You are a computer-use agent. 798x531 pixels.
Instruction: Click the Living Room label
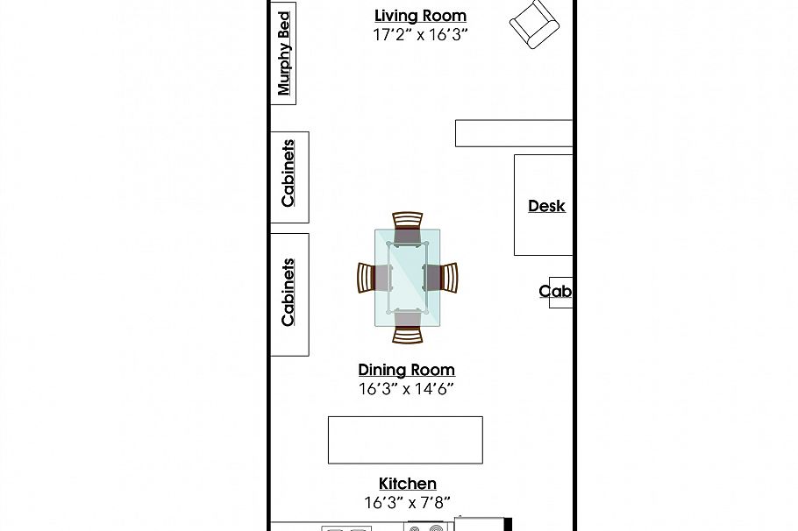[420, 16]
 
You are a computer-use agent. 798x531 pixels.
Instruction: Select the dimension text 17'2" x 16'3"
[420, 35]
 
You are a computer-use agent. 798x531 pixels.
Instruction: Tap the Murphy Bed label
[283, 53]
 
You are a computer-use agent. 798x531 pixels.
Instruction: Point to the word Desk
[546, 206]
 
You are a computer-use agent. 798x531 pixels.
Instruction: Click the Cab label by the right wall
[555, 292]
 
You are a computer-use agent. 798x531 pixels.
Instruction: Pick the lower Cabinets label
[289, 293]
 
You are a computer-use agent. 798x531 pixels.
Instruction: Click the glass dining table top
[408, 278]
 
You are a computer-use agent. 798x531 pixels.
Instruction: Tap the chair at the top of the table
[408, 225]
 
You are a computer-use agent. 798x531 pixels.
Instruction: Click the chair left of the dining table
[370, 278]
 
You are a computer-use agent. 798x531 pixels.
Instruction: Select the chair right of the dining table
[444, 278]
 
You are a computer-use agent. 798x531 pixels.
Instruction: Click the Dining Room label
[406, 370]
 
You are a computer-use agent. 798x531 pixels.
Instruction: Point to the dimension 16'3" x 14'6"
[406, 389]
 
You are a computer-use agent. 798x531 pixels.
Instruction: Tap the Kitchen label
[407, 484]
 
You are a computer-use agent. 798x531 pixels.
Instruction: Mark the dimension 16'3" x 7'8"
[407, 503]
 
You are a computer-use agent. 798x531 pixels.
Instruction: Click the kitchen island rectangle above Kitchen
[405, 440]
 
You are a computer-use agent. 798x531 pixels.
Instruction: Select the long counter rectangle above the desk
[513, 133]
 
